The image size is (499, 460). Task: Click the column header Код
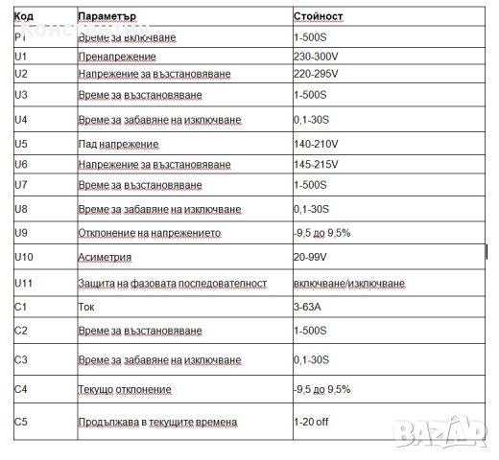pyautogui.click(x=23, y=17)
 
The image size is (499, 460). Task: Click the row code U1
pyautogui.click(x=20, y=57)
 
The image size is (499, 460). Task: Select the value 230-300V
pyautogui.click(x=319, y=57)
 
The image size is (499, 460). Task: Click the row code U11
pyautogui.click(x=24, y=284)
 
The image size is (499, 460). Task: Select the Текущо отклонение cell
pyautogui.click(x=124, y=390)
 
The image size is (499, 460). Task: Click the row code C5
pyautogui.click(x=21, y=421)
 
